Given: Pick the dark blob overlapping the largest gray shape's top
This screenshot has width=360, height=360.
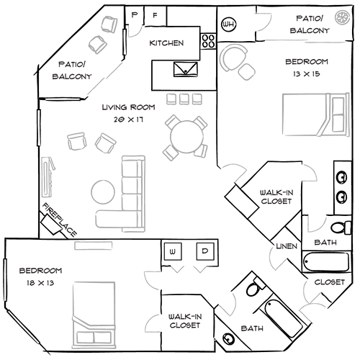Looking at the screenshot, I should pos(126,112).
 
